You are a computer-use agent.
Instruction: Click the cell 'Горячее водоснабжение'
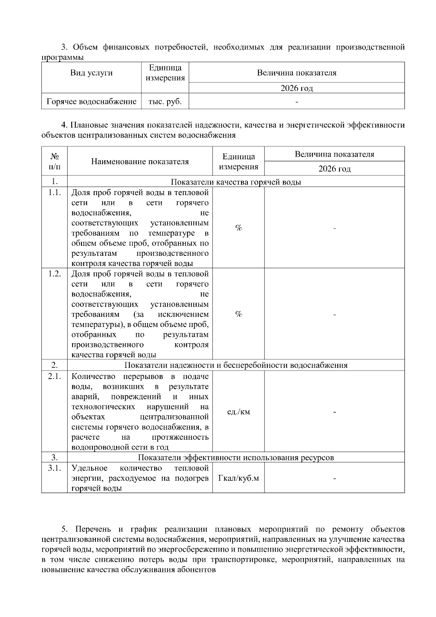coord(92,102)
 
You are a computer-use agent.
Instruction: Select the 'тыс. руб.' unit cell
coord(165,102)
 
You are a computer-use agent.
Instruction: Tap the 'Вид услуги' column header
coord(92,73)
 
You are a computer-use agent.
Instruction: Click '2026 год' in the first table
coord(296,88)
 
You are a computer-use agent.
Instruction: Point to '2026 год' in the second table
coord(334,169)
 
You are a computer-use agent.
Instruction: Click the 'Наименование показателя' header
coord(140,161)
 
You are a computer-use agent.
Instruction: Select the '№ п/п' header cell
coord(54,161)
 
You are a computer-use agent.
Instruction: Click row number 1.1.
coord(54,193)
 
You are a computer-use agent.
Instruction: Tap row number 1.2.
coord(54,274)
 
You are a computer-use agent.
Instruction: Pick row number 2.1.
coord(54,376)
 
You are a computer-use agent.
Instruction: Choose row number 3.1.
coord(54,468)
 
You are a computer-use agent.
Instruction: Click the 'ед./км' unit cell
coord(238,412)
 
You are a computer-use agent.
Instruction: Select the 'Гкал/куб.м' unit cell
coord(238,478)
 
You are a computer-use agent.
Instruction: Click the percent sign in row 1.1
coord(238,228)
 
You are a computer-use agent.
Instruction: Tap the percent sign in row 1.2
coord(238,314)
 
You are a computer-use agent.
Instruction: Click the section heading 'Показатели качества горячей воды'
coord(236,182)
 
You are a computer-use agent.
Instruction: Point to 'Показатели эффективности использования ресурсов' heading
coord(236,457)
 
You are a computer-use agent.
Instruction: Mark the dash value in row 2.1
coord(334,412)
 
